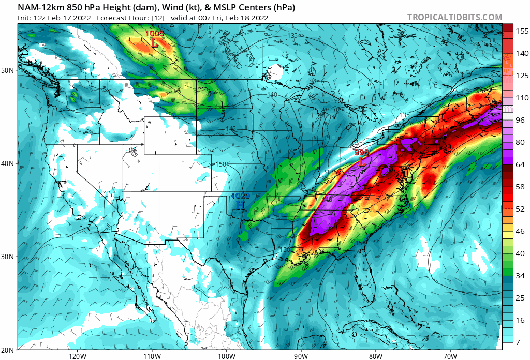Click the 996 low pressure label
(362, 153)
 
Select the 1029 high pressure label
(240, 196)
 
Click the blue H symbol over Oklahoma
(240, 205)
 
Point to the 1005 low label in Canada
(154, 34)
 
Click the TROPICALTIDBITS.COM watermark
(454, 17)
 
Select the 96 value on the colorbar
(519, 120)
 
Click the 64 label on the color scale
(519, 164)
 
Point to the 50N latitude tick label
(7, 70)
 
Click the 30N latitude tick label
(7, 257)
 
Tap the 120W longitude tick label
(77, 356)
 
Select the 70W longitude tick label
(450, 356)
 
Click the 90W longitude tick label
(301, 356)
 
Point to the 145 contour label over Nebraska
(231, 128)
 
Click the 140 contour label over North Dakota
(272, 95)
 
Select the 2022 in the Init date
(82, 18)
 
